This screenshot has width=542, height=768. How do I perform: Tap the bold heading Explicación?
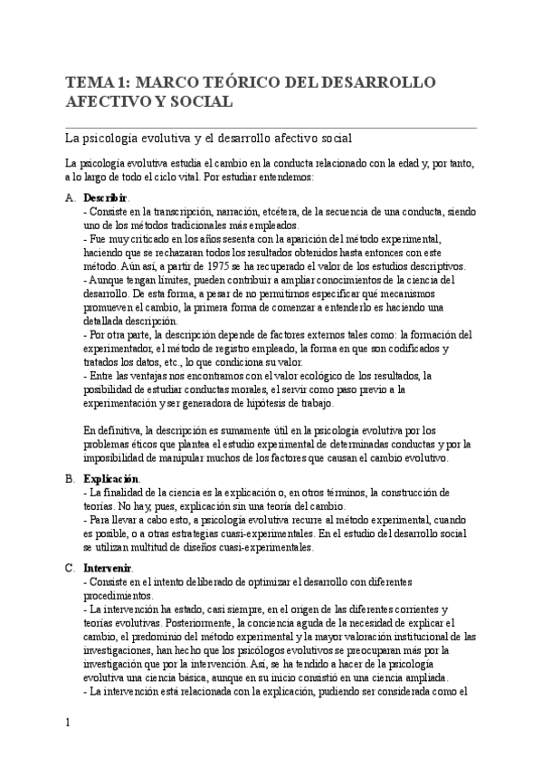pyautogui.click(x=111, y=478)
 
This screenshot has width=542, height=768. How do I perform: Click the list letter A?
pyautogui.click(x=70, y=197)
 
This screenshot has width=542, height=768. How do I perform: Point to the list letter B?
pyautogui.click(x=70, y=478)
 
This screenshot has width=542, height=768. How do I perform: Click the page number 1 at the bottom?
pyautogui.click(x=68, y=722)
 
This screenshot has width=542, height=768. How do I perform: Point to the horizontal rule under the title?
pyautogui.click(x=271, y=127)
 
